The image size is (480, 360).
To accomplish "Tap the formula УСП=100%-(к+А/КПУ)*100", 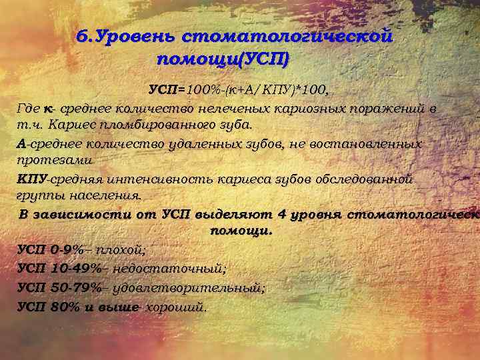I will (239, 89).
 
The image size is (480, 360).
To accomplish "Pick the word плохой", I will (121, 250).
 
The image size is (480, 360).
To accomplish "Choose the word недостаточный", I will (169, 268).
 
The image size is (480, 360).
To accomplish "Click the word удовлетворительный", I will (189, 287).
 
